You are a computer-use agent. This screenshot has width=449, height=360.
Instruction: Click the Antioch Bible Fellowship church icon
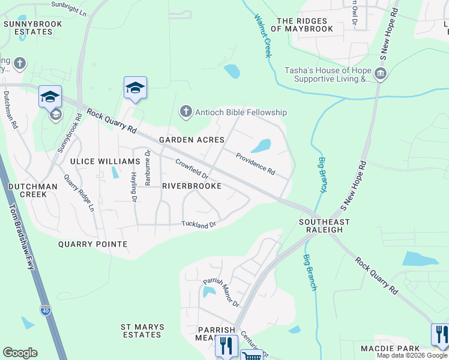tap(186, 112)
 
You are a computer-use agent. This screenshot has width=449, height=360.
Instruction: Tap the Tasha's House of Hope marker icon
tap(380, 74)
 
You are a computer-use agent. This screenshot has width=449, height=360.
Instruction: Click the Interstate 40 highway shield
tap(46, 310)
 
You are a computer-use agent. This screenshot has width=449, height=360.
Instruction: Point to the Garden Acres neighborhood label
tap(191, 140)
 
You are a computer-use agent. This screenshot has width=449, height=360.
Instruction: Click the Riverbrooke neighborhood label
tap(192, 187)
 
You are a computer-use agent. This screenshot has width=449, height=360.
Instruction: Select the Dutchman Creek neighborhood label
tap(33, 191)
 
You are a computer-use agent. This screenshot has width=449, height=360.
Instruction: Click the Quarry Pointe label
tap(92, 244)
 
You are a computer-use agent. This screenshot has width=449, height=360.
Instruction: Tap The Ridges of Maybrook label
tap(304, 25)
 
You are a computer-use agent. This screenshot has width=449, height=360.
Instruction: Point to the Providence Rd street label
tap(255, 164)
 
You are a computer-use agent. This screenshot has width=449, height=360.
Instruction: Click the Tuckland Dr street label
tap(198, 224)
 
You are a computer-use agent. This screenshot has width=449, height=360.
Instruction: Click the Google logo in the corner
tap(20, 353)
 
